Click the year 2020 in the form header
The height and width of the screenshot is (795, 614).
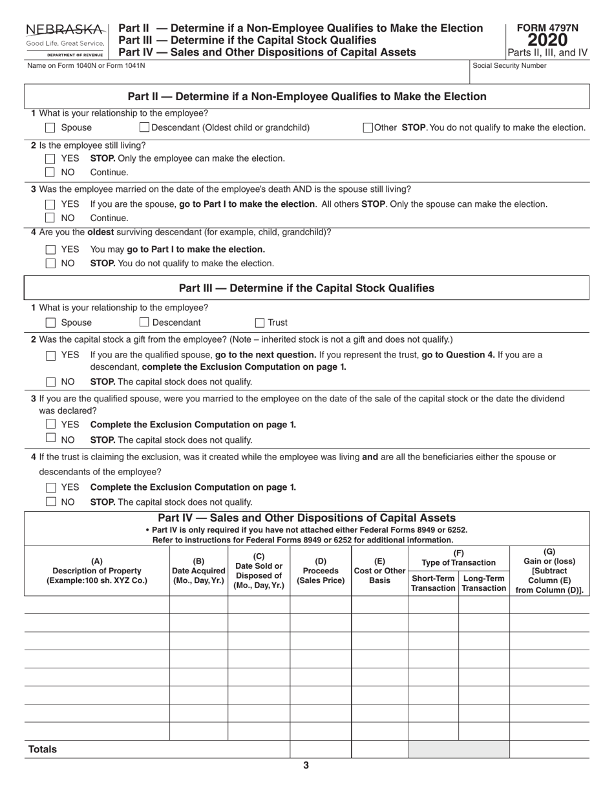[x=548, y=40]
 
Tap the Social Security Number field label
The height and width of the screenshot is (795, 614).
[x=509, y=65]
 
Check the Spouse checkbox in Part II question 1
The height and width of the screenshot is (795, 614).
[x=50, y=128]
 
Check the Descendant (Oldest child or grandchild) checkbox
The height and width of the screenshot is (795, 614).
[x=145, y=127]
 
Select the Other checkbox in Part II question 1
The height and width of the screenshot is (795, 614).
[x=368, y=127]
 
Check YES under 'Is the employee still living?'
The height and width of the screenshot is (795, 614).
[x=50, y=158]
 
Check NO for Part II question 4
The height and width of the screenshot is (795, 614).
[x=50, y=264]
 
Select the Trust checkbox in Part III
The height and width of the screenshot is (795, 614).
[x=260, y=323]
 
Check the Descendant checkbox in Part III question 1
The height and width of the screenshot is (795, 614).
[x=145, y=322]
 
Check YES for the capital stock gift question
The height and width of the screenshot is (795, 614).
[x=50, y=355]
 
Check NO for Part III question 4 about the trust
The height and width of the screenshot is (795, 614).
[x=50, y=502]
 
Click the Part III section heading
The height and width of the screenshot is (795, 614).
[x=306, y=288]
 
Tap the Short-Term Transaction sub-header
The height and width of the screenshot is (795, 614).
[x=433, y=583]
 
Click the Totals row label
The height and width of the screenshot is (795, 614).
[x=43, y=749]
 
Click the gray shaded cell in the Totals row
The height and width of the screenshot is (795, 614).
[x=458, y=749]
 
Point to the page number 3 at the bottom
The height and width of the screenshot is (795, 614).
[x=306, y=766]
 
